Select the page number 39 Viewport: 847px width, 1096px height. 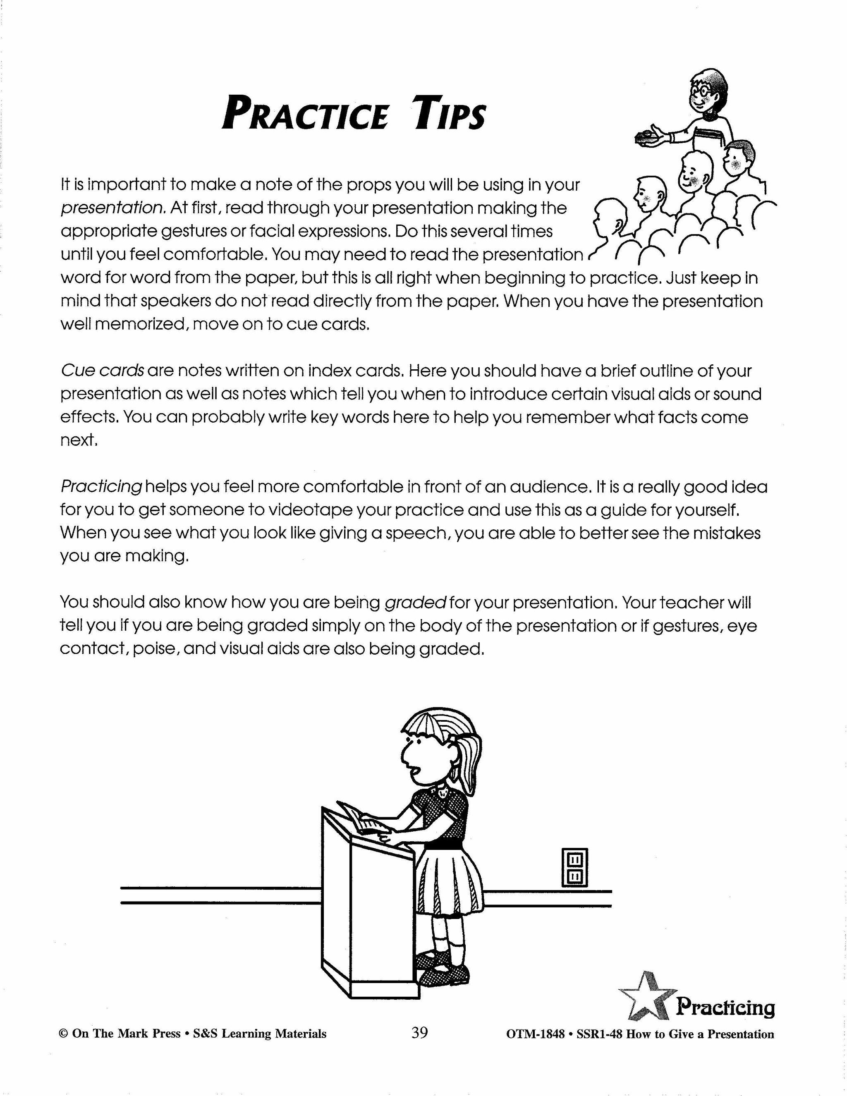(419, 1032)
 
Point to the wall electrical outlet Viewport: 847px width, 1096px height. (574, 868)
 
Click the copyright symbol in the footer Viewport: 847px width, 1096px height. (63, 1034)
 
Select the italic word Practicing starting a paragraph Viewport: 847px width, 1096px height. (101, 487)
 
